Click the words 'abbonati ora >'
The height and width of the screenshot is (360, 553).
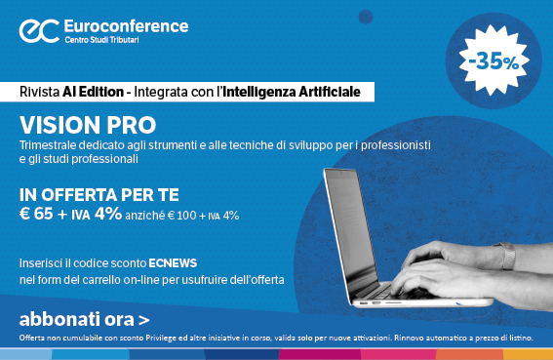(x=84, y=318)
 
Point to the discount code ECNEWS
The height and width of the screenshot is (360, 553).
(x=175, y=263)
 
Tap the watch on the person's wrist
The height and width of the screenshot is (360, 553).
(x=506, y=256)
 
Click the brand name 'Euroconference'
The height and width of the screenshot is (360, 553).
(x=126, y=23)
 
